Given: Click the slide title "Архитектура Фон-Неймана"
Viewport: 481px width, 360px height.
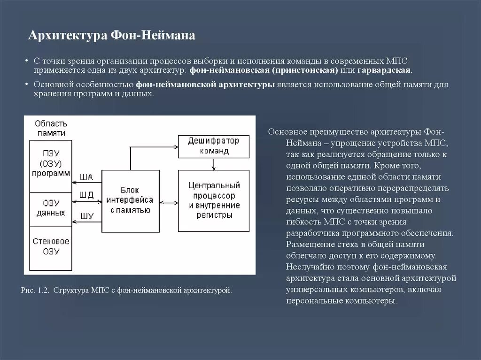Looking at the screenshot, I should (x=112, y=36).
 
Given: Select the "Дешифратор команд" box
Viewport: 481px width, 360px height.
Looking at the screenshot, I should (x=214, y=146).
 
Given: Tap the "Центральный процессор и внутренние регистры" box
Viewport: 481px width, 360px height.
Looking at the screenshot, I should (x=214, y=200).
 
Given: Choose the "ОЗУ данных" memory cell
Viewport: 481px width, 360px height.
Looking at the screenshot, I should (x=50, y=208).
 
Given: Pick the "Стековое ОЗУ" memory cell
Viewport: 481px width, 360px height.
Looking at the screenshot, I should (x=50, y=246).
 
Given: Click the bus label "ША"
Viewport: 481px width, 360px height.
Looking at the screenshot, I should (x=87, y=177).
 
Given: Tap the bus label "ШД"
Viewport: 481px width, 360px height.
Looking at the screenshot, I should (x=87, y=194).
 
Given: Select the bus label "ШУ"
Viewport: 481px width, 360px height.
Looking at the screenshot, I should (x=87, y=216).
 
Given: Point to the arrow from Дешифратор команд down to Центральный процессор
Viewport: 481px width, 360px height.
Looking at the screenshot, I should (x=214, y=164).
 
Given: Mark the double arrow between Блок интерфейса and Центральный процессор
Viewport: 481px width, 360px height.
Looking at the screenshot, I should (x=169, y=202).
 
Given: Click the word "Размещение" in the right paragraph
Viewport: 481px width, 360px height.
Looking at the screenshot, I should (x=309, y=245).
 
